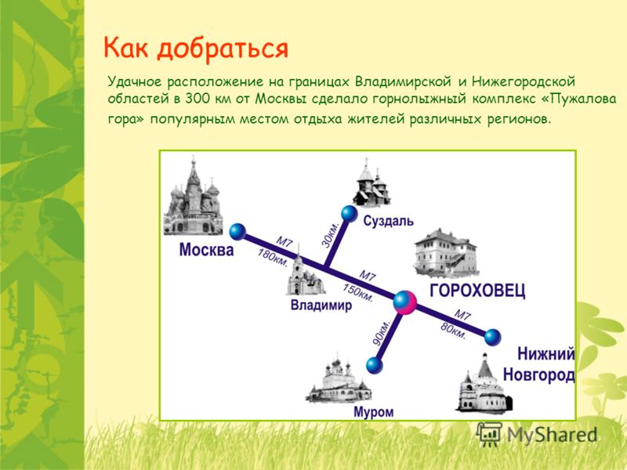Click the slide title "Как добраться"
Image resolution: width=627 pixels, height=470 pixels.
[195, 49]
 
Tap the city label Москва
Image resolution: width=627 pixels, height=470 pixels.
[206, 250]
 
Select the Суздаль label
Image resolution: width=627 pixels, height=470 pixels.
[388, 222]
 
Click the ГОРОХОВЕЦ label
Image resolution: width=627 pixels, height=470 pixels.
[477, 291]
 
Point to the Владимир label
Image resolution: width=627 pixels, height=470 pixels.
[321, 305]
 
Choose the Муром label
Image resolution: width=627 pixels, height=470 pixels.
[374, 412]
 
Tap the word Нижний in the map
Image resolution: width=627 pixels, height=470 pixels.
[546, 354]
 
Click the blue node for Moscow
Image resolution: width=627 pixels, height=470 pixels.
[238, 232]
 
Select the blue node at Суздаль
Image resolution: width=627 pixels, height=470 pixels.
[349, 213]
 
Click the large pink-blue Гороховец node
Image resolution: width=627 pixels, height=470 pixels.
[405, 302]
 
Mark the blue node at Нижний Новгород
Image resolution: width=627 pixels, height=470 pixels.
[493, 337]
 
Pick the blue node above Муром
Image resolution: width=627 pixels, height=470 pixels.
[375, 365]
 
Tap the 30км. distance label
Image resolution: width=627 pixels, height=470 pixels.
[330, 234]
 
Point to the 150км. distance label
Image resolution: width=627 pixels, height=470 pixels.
[358, 293]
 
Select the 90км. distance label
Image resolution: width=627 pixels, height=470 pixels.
[380, 332]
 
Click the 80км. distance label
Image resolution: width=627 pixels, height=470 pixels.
[453, 331]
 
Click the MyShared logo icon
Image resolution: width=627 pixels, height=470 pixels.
[489, 434]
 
